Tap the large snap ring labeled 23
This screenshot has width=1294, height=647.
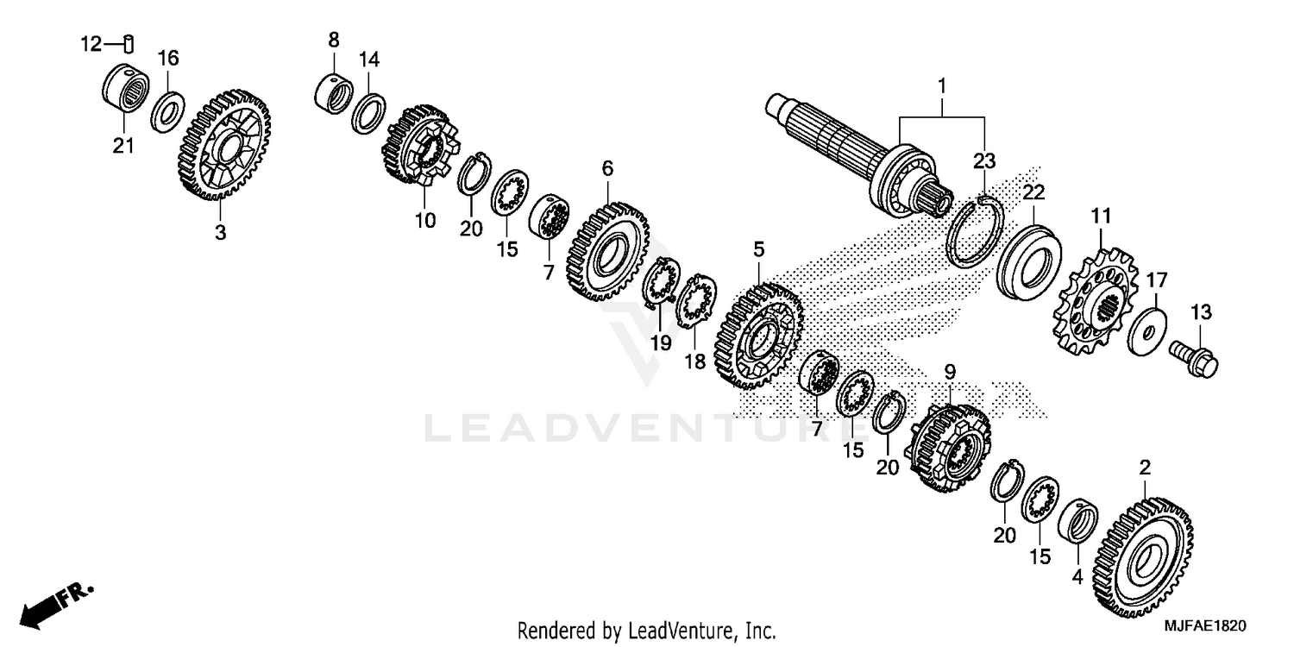pos(974,231)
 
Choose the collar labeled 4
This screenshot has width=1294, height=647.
pos(1078,521)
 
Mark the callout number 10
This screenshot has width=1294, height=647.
pos(424,221)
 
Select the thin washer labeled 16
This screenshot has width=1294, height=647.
pos(166,110)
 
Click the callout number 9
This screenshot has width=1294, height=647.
pos(949,373)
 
